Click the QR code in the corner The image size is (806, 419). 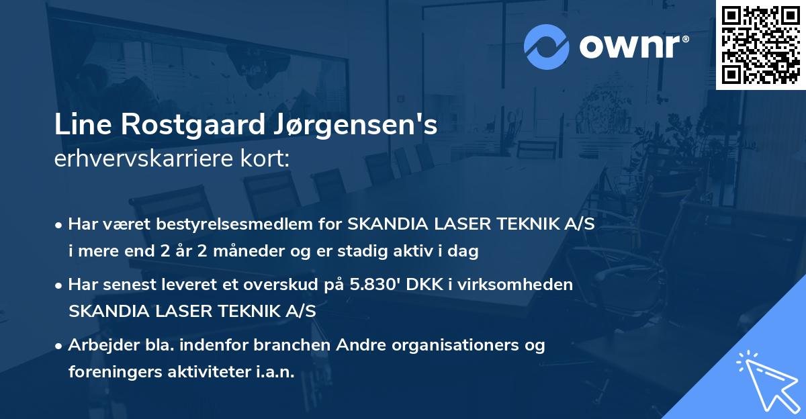click(760, 44)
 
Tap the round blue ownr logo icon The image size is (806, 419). click(547, 47)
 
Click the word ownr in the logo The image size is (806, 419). click(635, 47)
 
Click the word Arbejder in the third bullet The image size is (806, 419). click(99, 345)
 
